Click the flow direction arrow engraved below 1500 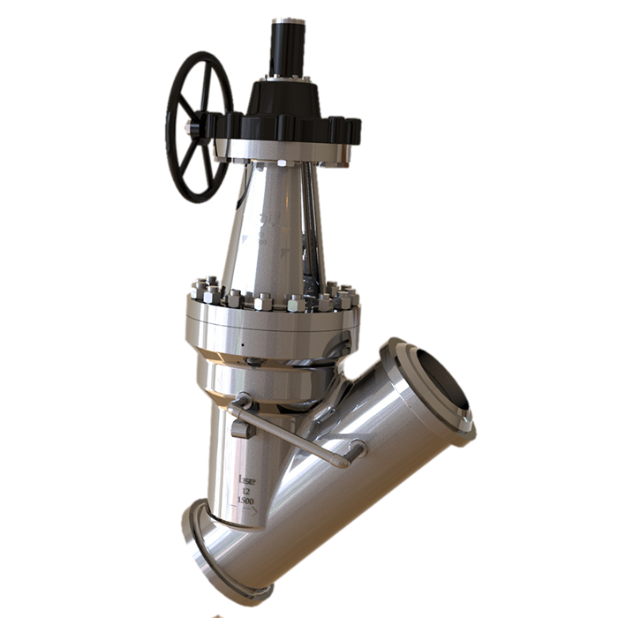coord(248,511)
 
